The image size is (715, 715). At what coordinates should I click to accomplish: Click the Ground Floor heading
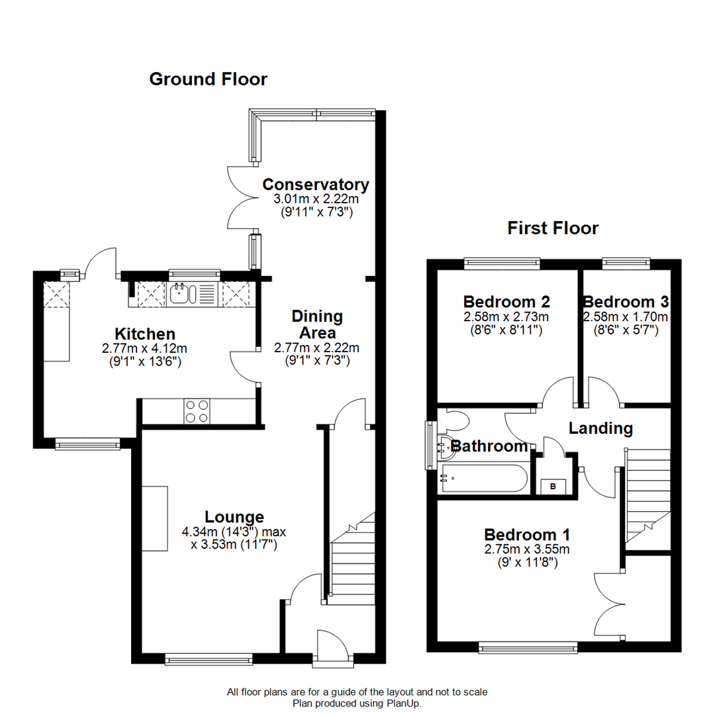pos(208,79)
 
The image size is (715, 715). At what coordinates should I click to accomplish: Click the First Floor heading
pos(553,228)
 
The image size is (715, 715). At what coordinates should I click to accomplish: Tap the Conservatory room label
pos(315,184)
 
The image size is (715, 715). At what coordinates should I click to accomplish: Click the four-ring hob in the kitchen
pos(197,411)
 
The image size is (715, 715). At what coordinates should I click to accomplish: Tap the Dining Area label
pos(317,324)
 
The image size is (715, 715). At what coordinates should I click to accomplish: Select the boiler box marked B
pos(553,487)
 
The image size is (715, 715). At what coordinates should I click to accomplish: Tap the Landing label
pos(600,428)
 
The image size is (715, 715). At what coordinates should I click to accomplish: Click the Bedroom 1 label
pos(527,534)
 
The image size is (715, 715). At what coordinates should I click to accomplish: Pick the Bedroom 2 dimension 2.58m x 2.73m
pos(506,317)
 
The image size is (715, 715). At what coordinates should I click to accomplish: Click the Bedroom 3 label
pos(625,302)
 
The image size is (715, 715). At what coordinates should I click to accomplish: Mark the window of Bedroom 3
pos(626,263)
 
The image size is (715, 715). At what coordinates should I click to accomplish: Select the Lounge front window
pos(209,658)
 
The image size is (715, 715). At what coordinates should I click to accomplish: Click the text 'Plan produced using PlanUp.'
pos(357,703)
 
